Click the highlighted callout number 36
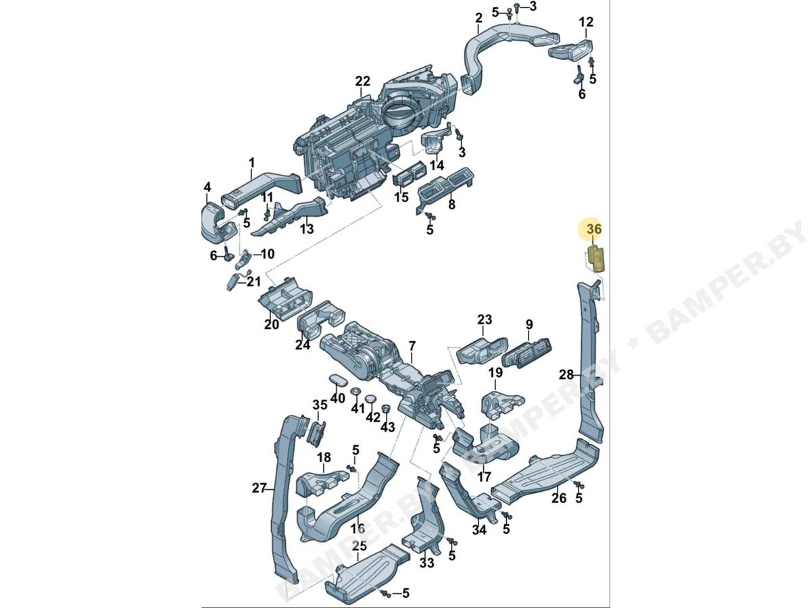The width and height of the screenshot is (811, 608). [595, 229]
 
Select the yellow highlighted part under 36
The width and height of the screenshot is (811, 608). [595, 259]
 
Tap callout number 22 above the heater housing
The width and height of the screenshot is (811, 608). [362, 81]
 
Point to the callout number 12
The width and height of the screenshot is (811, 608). [586, 22]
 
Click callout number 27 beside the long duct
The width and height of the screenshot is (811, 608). [259, 488]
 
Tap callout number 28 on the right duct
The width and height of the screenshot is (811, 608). [566, 375]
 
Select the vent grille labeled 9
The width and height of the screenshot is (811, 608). [526, 353]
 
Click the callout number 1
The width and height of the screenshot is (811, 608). [252, 162]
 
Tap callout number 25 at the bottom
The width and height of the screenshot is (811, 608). [359, 545]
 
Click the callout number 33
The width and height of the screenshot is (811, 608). [426, 563]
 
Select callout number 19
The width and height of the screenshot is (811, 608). [495, 373]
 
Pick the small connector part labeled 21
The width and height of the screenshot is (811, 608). [232, 284]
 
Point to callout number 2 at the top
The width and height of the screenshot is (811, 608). [479, 18]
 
